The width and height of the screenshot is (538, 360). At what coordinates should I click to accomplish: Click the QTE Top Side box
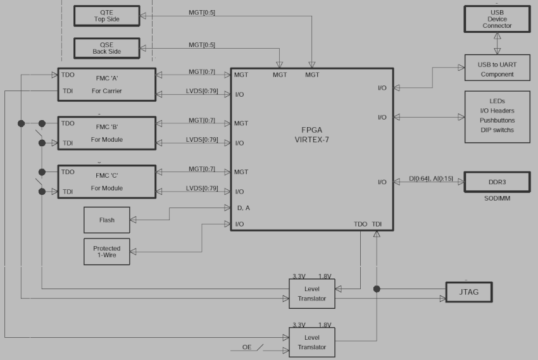coord(106,16)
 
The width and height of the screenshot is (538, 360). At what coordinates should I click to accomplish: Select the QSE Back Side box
coord(106,48)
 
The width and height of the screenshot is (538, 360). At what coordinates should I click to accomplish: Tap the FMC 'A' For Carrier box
coord(106,84)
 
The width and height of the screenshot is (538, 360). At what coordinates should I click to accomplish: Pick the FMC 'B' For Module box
coord(106,133)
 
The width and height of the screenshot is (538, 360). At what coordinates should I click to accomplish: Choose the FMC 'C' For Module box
coord(106,182)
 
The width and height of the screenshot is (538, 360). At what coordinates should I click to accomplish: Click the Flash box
coord(107,220)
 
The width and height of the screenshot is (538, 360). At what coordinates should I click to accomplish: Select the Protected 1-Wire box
coord(107,252)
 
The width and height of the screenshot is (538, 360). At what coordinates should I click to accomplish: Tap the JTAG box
coord(468,292)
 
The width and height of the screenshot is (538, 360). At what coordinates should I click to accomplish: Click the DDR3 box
coord(497,182)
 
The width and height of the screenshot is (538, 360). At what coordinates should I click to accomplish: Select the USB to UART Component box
coord(497,68)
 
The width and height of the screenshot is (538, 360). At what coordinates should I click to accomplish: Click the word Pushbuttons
coord(497,120)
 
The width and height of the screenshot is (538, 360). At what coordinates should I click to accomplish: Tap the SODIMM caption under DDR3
coord(497,199)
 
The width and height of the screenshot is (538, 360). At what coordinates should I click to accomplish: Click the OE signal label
coord(247,347)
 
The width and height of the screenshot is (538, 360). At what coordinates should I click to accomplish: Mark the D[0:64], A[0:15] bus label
coord(430,179)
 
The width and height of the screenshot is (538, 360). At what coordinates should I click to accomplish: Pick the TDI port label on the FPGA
coord(377,224)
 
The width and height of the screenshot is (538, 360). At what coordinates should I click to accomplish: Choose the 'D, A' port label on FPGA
coord(243,208)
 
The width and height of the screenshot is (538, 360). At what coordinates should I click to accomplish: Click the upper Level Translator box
coord(311,293)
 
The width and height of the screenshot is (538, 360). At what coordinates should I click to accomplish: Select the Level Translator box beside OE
coord(311,342)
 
